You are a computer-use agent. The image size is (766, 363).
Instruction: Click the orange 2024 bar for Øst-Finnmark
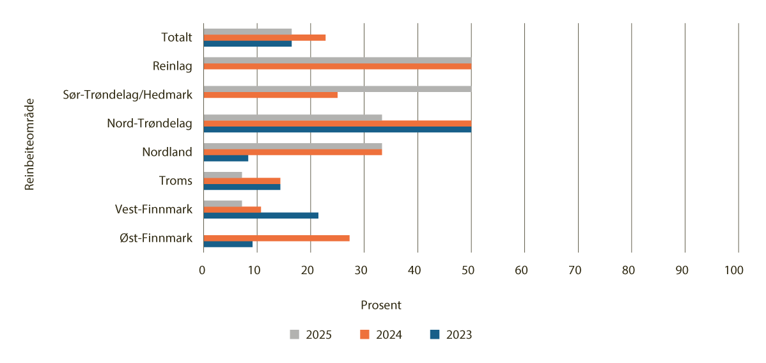[276, 238]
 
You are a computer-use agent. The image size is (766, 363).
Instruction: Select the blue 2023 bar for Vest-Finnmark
[261, 215]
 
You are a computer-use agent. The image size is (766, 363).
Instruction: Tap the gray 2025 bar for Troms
[223, 175]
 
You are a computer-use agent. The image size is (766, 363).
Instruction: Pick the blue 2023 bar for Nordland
[226, 158]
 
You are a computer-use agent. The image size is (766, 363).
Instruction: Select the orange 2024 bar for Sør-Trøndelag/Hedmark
[270, 95]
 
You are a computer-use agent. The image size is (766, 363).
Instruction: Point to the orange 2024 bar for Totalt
[265, 38]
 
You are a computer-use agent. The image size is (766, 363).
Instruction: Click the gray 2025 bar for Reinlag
[337, 60]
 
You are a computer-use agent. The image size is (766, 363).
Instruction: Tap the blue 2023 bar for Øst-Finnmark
[228, 244]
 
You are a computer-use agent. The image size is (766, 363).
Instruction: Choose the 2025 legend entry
[311, 334]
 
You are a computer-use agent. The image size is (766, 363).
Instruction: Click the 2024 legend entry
[381, 334]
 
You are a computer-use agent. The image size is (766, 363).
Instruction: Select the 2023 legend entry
[451, 334]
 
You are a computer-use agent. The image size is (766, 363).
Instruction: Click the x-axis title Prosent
[381, 305]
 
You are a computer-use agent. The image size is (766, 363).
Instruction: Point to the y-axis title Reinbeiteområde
[29, 143]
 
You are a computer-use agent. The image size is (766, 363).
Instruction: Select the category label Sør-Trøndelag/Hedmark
[128, 95]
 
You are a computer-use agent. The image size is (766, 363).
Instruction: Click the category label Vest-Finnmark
[153, 209]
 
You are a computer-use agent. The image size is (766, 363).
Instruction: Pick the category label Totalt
[176, 38]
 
